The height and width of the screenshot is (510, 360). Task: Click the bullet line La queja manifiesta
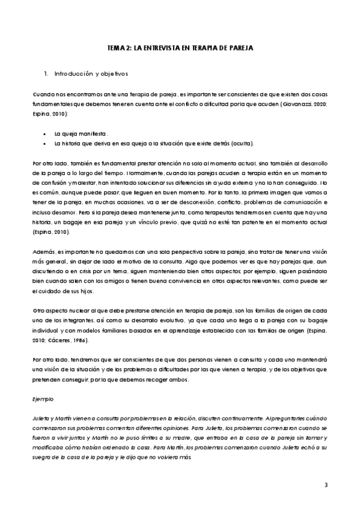click(81, 132)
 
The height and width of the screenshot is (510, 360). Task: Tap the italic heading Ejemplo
click(43, 399)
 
